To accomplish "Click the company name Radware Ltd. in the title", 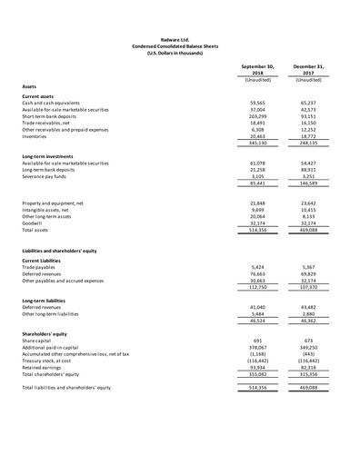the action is [178, 40].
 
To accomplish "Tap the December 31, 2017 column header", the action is [314, 70].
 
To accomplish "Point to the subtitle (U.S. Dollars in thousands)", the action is [178, 54].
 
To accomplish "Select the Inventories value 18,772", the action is [314, 136].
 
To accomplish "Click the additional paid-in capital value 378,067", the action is [261, 346].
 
